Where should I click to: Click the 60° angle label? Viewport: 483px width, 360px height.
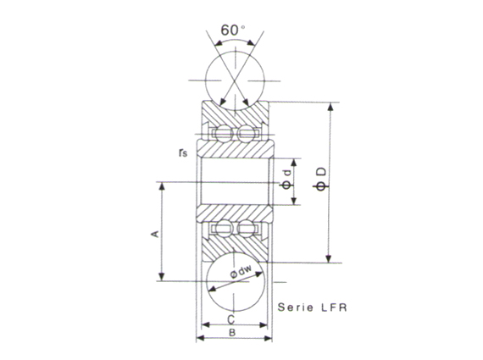click(x=231, y=30)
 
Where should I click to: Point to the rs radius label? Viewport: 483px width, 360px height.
click(x=183, y=152)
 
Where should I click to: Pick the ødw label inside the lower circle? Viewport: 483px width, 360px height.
click(x=243, y=272)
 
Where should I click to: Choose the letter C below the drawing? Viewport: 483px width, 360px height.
click(x=231, y=320)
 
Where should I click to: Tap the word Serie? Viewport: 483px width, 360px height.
click(x=297, y=308)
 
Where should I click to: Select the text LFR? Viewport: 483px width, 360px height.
click(x=335, y=308)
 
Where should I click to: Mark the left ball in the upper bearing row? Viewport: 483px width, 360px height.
click(x=223, y=133)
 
